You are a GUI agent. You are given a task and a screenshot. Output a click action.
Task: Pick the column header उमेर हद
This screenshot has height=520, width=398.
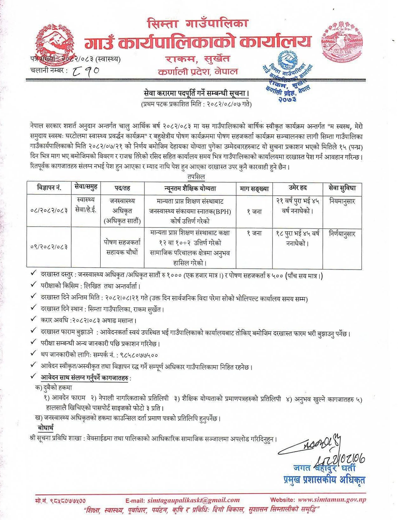(x=298, y=188)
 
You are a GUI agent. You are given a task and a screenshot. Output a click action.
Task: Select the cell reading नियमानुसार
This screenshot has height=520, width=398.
(x=342, y=201)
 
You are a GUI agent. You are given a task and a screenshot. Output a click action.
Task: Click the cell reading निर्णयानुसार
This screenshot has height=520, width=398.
(x=342, y=234)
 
